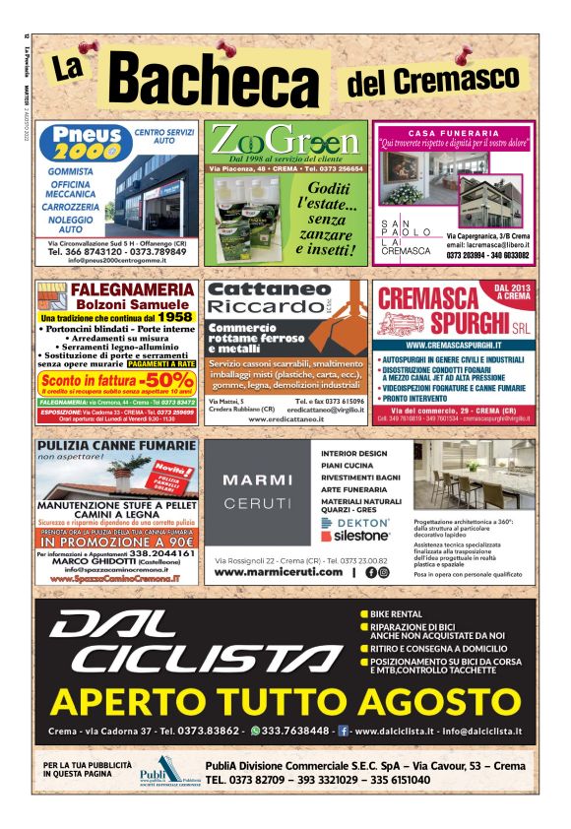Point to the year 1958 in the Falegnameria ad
point(174,318)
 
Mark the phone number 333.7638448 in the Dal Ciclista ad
point(294,732)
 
